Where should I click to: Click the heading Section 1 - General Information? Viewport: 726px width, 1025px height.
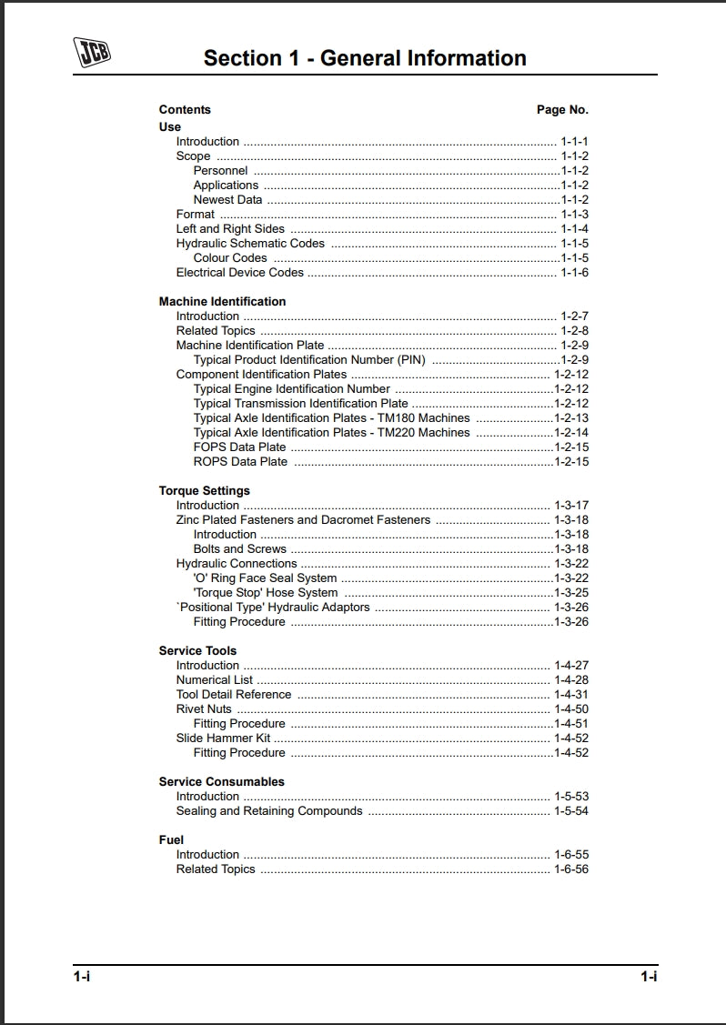(x=365, y=58)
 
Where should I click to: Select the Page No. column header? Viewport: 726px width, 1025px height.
(x=562, y=110)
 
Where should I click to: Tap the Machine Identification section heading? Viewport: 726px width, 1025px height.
(x=222, y=302)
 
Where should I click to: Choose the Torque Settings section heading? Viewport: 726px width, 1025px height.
(x=204, y=491)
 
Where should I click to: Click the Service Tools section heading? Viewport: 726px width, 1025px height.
(x=197, y=651)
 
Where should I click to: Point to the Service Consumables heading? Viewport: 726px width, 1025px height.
(x=221, y=782)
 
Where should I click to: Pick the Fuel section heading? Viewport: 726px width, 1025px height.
(x=171, y=840)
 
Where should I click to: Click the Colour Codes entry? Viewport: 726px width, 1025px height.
(x=230, y=258)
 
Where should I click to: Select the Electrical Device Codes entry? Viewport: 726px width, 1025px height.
(x=239, y=273)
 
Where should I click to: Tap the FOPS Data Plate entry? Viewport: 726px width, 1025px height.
(x=239, y=447)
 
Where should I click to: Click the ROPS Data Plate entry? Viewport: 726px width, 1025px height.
(x=240, y=462)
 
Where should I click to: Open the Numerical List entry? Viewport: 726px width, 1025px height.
(x=215, y=680)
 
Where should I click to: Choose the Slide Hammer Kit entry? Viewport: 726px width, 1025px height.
(x=223, y=739)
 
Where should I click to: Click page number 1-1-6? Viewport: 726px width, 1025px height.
(x=574, y=273)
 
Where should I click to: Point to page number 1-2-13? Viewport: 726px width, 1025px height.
(x=571, y=418)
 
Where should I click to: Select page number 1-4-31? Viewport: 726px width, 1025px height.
(x=571, y=695)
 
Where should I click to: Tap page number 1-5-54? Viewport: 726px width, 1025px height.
(x=571, y=811)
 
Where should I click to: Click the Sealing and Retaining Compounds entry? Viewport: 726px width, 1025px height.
(x=269, y=811)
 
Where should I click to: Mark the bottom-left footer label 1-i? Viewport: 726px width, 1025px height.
(x=82, y=977)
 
